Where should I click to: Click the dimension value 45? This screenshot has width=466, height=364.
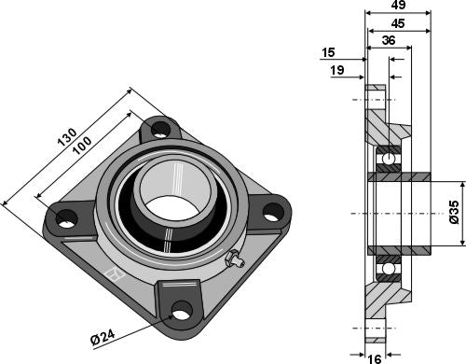click(x=396, y=24)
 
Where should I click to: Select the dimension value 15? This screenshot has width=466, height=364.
click(x=327, y=54)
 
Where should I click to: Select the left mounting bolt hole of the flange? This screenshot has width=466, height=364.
click(x=65, y=217)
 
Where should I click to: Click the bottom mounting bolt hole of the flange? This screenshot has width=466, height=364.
click(x=180, y=308)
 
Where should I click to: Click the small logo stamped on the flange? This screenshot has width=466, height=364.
click(x=115, y=275)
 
